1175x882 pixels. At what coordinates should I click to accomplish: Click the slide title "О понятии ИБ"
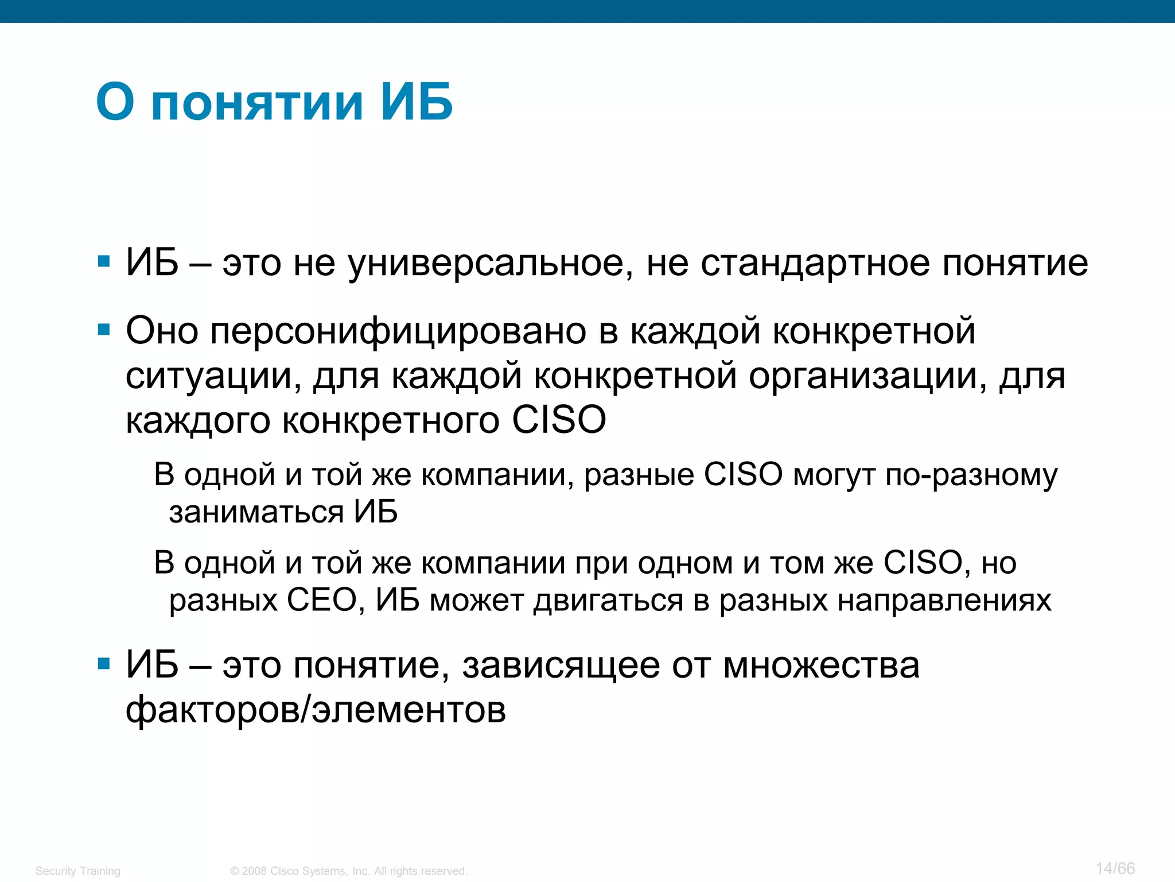[x=274, y=102]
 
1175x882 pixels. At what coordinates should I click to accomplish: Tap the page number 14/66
[x=1115, y=868]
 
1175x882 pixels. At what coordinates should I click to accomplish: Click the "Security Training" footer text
[x=78, y=871]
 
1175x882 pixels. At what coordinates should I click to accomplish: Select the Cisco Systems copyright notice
[x=349, y=871]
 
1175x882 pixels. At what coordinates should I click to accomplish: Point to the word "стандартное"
[x=815, y=264]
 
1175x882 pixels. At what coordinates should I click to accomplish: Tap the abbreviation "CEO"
[x=321, y=601]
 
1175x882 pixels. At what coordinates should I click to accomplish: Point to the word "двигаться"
[x=608, y=601]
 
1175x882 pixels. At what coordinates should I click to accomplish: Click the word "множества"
[x=821, y=666]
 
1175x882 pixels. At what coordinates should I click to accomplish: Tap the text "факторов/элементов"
[x=316, y=710]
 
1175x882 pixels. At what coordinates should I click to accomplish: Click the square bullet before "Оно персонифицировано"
[x=104, y=330]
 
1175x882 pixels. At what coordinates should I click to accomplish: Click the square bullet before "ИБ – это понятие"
[x=104, y=664]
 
